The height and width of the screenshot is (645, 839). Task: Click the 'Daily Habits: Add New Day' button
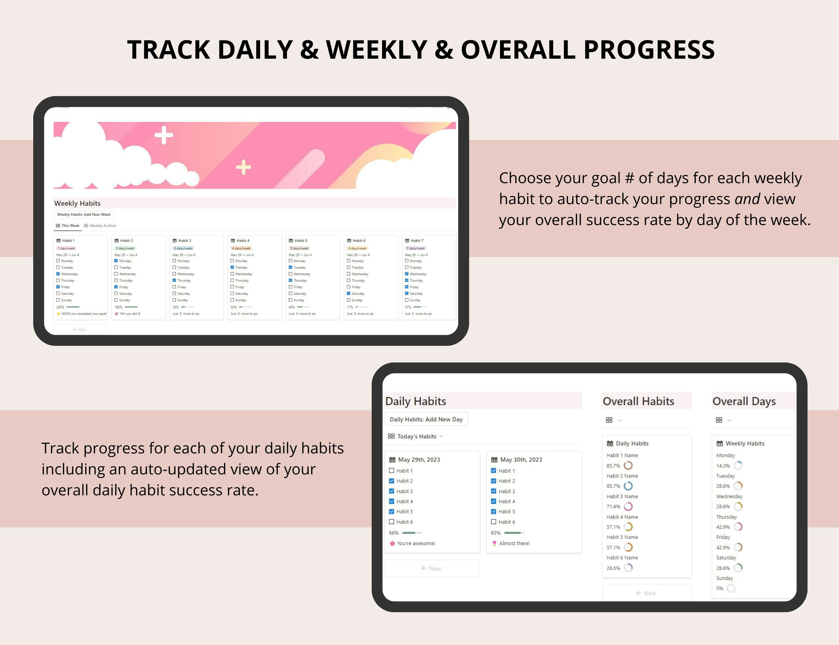point(426,419)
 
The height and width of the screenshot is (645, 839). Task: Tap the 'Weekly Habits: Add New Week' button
point(84,214)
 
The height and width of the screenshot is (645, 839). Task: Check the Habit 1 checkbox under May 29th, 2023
point(391,471)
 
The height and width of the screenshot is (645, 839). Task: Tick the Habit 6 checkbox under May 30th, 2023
point(494,522)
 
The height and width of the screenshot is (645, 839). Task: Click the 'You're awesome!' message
point(416,543)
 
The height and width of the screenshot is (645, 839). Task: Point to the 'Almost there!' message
point(514,543)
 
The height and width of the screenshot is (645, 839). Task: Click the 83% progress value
point(496,533)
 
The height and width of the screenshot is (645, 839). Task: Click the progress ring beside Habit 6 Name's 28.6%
point(628,568)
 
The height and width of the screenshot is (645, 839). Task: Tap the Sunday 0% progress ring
point(731,588)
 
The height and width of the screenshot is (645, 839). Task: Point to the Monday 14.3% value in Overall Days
point(723,466)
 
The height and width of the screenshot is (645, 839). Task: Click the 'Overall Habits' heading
point(638,401)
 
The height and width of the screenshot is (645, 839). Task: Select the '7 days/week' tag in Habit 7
point(415,248)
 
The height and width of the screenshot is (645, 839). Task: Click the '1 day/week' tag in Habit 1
point(66,248)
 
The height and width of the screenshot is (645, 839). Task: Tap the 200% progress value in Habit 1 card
point(60,307)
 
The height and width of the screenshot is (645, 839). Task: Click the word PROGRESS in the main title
point(649,50)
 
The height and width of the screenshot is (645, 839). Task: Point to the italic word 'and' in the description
point(747,199)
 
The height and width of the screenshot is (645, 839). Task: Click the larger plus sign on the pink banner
point(164,135)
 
